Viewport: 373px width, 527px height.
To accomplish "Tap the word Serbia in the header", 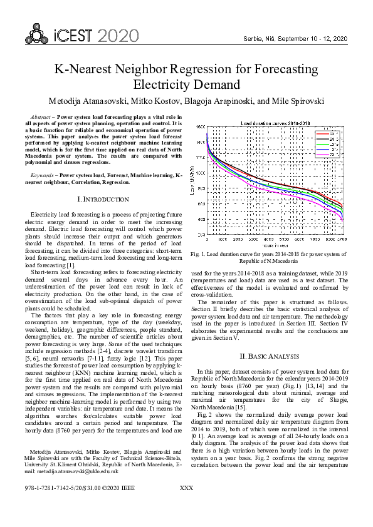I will point(253,39).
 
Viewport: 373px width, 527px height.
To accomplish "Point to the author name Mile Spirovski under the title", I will point(298,101).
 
